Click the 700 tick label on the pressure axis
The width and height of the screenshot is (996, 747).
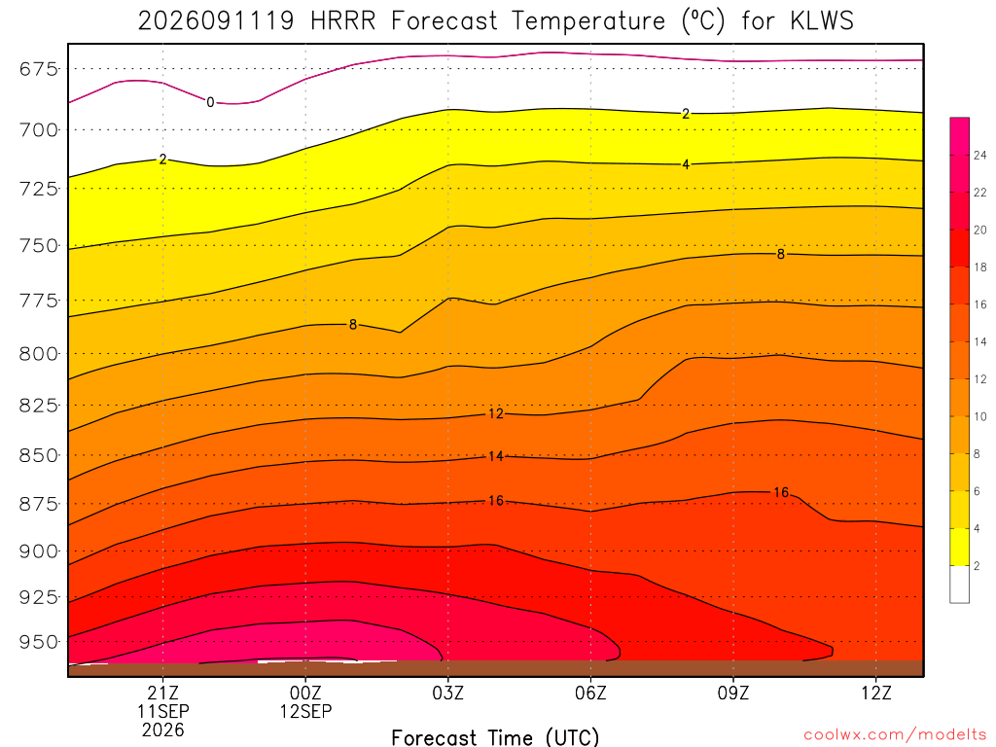pyautogui.click(x=39, y=130)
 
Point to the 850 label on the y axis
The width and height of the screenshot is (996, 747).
pyautogui.click(x=39, y=455)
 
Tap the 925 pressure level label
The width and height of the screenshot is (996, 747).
pyautogui.click(x=39, y=597)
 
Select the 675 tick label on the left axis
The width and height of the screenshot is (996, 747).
pyautogui.click(x=39, y=69)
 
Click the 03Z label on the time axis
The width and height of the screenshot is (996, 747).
pyautogui.click(x=447, y=693)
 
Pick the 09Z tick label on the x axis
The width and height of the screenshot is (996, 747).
pyautogui.click(x=733, y=693)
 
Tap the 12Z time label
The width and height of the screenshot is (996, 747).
pyautogui.click(x=876, y=693)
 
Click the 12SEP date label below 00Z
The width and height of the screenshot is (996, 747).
pyautogui.click(x=305, y=711)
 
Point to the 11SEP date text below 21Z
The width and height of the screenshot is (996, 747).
pyautogui.click(x=163, y=711)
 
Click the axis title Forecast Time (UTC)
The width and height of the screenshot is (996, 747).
pyautogui.click(x=495, y=737)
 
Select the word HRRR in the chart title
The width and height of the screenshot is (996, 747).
pyautogui.click(x=343, y=21)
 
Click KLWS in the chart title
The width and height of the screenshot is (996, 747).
pyautogui.click(x=822, y=21)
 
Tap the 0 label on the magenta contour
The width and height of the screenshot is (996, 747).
pyautogui.click(x=210, y=102)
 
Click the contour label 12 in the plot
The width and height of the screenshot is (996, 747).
pyautogui.click(x=495, y=414)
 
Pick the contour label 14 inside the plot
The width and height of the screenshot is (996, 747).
pyautogui.click(x=495, y=456)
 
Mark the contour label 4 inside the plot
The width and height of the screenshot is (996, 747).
pyautogui.click(x=686, y=164)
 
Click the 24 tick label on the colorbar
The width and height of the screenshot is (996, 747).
pyautogui.click(x=980, y=155)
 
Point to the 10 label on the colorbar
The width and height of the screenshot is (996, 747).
pyautogui.click(x=980, y=416)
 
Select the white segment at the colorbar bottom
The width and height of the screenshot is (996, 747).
pyautogui.click(x=959, y=585)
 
